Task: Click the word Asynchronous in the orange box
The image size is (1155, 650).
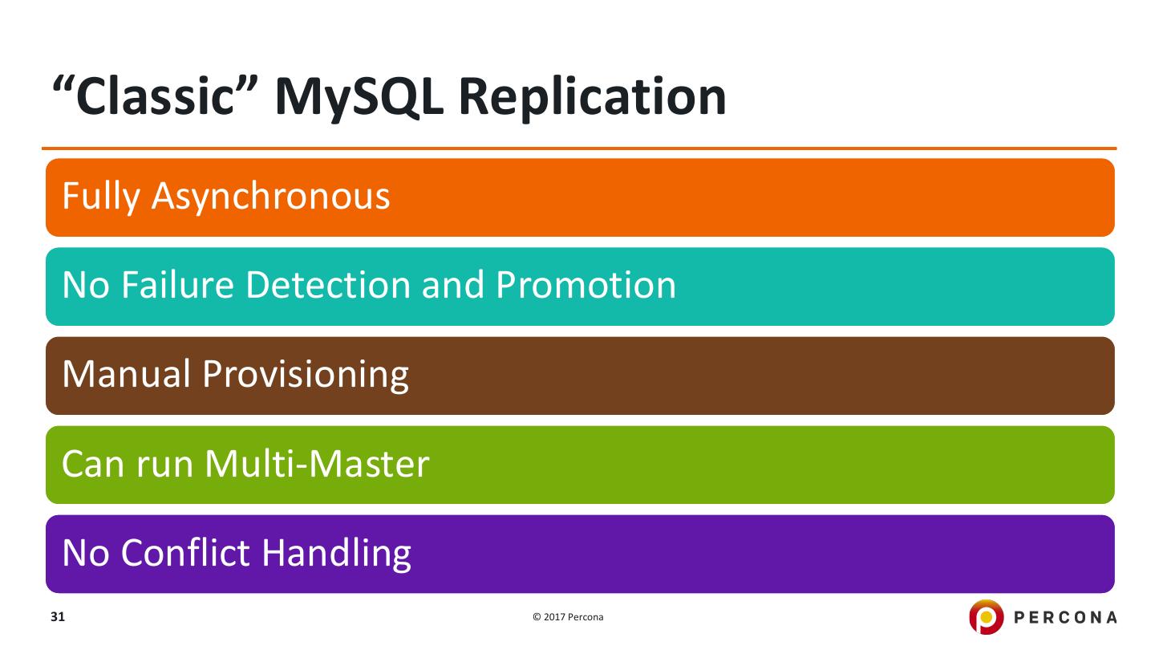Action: (270, 197)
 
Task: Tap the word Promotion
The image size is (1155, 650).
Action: (586, 285)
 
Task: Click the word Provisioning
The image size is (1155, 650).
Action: (306, 375)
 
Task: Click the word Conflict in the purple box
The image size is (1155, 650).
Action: (192, 552)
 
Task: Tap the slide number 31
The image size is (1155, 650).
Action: (57, 617)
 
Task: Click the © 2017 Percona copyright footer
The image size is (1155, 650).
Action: (568, 617)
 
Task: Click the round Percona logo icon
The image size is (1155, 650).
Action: (986, 617)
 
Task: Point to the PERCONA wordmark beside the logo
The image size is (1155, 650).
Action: (1065, 617)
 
